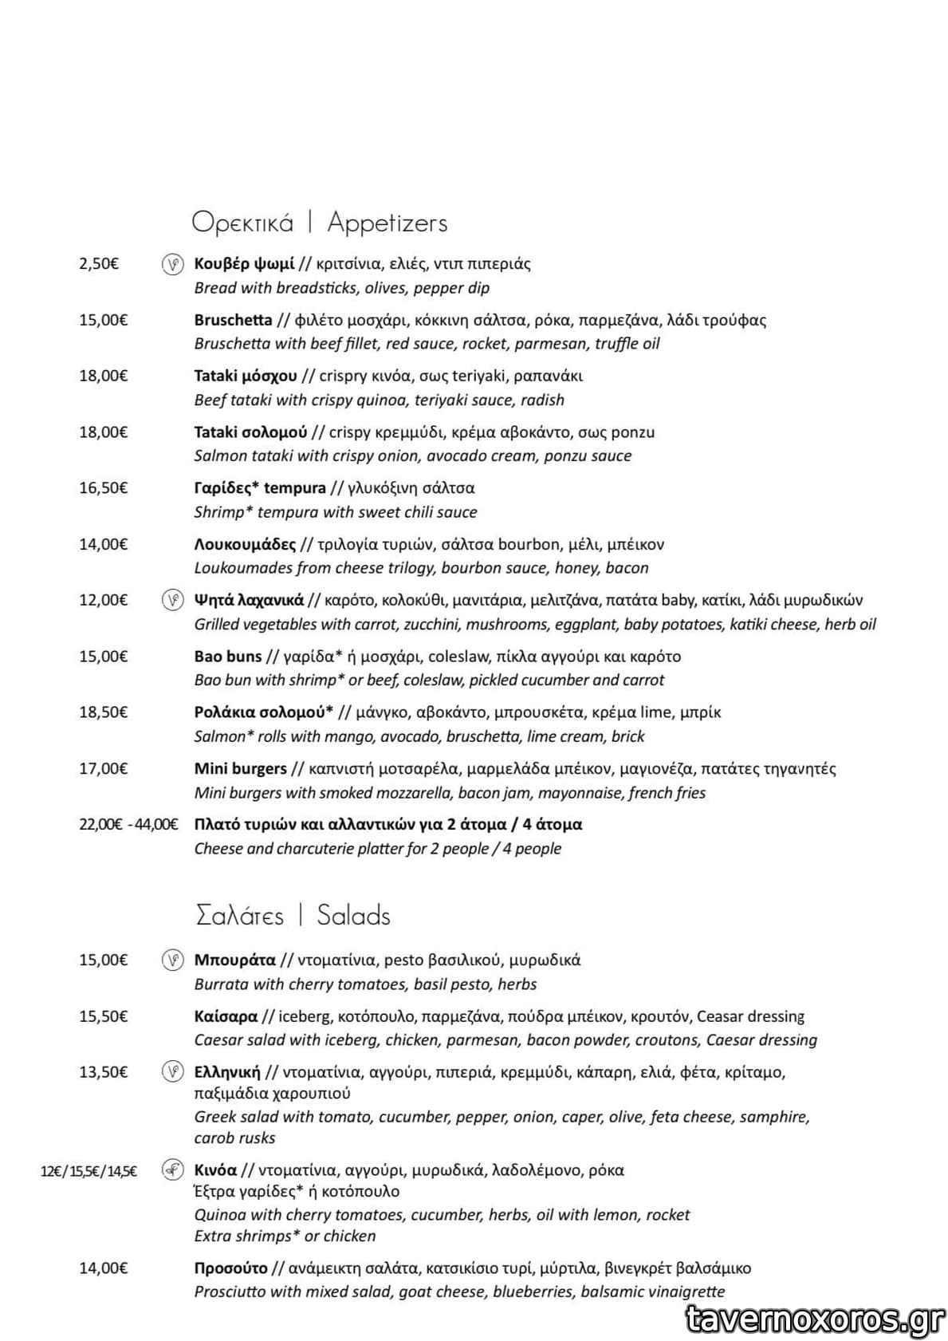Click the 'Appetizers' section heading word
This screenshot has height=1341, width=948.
pyautogui.click(x=387, y=223)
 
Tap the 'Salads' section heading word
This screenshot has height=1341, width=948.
pyautogui.click(x=353, y=915)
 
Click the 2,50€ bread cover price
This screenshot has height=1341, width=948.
pyautogui.click(x=99, y=264)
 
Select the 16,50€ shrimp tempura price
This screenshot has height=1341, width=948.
pyautogui.click(x=103, y=488)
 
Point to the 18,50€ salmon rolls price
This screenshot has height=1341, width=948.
pyautogui.click(x=103, y=712)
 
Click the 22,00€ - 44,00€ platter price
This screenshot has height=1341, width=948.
pyautogui.click(x=128, y=824)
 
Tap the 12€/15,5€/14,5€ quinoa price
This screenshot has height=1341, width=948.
pyautogui.click(x=89, y=1171)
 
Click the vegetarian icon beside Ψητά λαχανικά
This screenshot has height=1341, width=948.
pyautogui.click(x=172, y=600)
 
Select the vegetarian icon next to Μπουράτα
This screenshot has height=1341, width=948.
pyautogui.click(x=172, y=960)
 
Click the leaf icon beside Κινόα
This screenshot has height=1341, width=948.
pyautogui.click(x=172, y=1170)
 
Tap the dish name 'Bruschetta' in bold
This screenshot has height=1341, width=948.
pyautogui.click(x=233, y=320)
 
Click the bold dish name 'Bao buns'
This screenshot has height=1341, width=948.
pyautogui.click(x=228, y=657)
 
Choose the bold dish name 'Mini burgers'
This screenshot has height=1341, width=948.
pyautogui.click(x=240, y=768)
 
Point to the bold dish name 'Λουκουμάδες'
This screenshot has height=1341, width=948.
pyautogui.click(x=245, y=544)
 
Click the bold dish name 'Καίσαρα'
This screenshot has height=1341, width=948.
pyautogui.click(x=226, y=1016)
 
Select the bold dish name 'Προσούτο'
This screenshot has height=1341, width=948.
pyautogui.click(x=230, y=1268)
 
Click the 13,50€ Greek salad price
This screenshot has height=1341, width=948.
pyautogui.click(x=103, y=1072)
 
